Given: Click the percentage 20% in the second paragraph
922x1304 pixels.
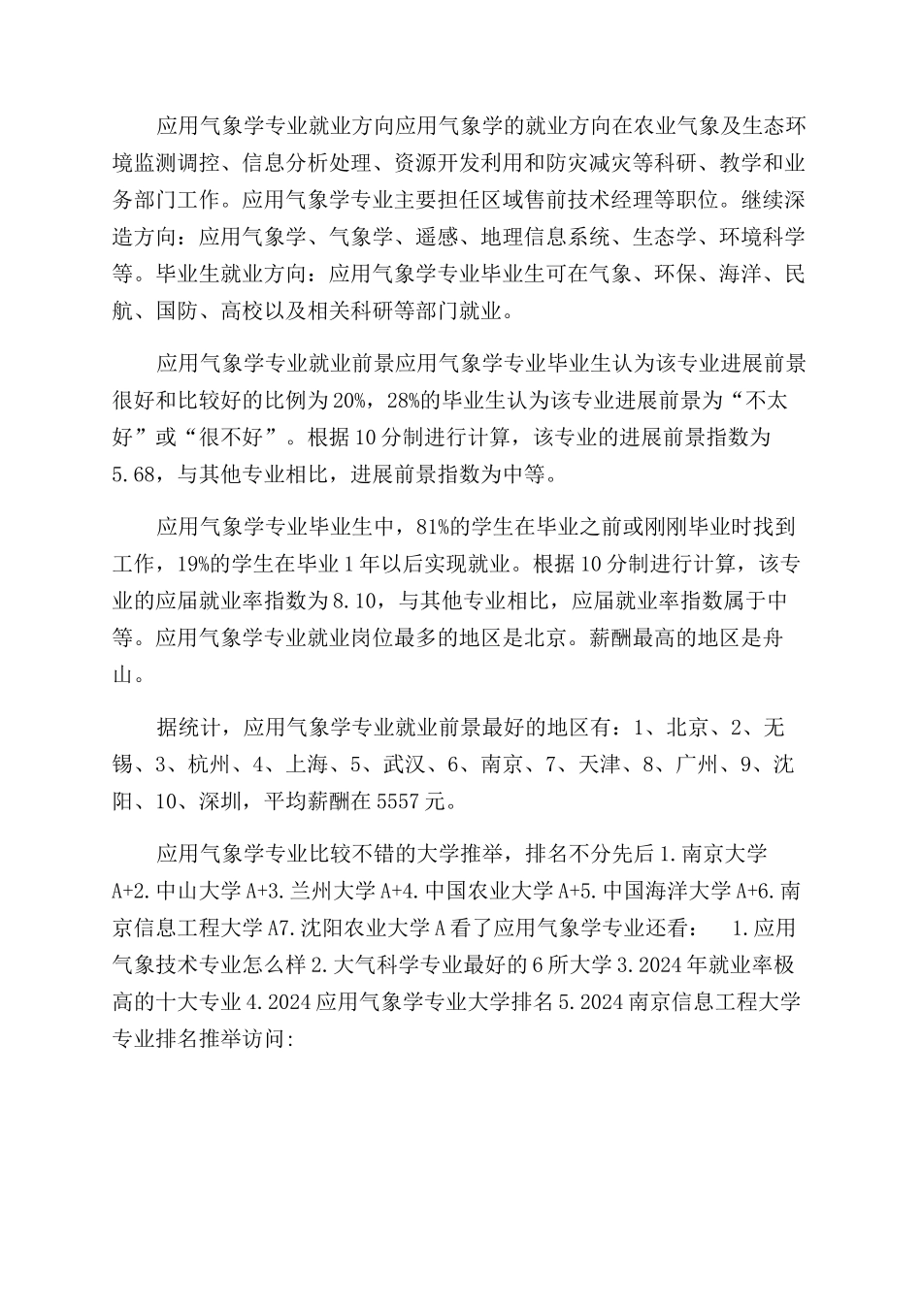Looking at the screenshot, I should coord(345,402).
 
